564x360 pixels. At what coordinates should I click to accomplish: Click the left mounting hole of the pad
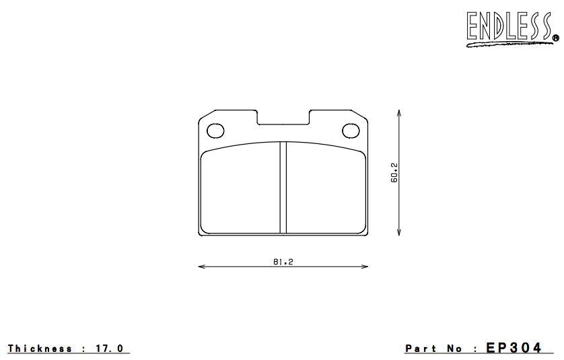pyautogui.click(x=216, y=130)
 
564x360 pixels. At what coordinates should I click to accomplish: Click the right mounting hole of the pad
pyautogui.click(x=351, y=130)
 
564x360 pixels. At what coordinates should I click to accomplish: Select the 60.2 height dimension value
pyautogui.click(x=395, y=172)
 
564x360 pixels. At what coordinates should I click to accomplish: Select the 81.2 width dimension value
pyautogui.click(x=283, y=262)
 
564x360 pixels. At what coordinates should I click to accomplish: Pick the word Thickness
pyautogui.click(x=40, y=349)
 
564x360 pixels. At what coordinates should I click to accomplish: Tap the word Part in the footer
pyautogui.click(x=421, y=349)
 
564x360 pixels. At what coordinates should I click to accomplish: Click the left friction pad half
pyautogui.click(x=241, y=190)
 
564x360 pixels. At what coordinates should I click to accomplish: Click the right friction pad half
pyautogui.click(x=325, y=190)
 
